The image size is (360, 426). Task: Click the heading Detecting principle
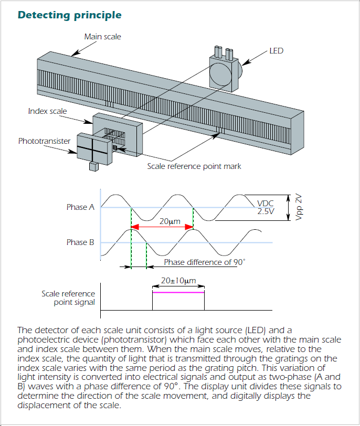pyautogui.click(x=69, y=15)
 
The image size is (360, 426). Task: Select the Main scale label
pyautogui.click(x=102, y=37)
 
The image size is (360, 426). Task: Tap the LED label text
pyautogui.click(x=276, y=51)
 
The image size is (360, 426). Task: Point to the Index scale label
pyautogui.click(x=48, y=111)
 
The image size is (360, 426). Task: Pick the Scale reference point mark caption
pyautogui.click(x=194, y=166)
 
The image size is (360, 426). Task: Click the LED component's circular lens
pyautogui.click(x=220, y=73)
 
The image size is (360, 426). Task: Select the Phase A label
pyautogui.click(x=80, y=207)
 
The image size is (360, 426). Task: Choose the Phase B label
pyautogui.click(x=80, y=242)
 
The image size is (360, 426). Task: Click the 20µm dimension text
pyautogui.click(x=170, y=221)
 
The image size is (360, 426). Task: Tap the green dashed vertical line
pyautogui.click(x=146, y=254)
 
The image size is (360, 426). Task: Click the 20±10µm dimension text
pyautogui.click(x=178, y=281)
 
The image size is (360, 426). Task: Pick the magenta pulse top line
pyautogui.click(x=178, y=293)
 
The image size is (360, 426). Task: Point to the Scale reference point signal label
pyautogui.click(x=68, y=298)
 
